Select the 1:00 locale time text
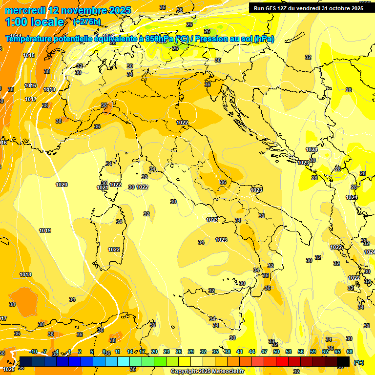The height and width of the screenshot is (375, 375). coord(35,22)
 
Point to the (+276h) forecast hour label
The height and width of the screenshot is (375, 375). coord(87,21)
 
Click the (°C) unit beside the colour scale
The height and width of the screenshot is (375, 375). coord(358,362)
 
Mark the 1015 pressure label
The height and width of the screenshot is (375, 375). coord(29,55)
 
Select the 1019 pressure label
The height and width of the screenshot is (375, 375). coord(45,230)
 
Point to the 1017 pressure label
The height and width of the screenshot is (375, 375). coord(31,99)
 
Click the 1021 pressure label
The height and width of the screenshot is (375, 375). coord(102,188)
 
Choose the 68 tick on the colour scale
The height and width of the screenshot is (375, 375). coord(350,352)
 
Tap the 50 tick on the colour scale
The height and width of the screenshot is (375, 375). coord(276,352)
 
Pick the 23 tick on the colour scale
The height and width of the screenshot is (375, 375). coord(166,352)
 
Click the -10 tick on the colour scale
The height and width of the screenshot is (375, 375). coord(34,352)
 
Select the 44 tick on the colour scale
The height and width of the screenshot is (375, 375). coord(252,352)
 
